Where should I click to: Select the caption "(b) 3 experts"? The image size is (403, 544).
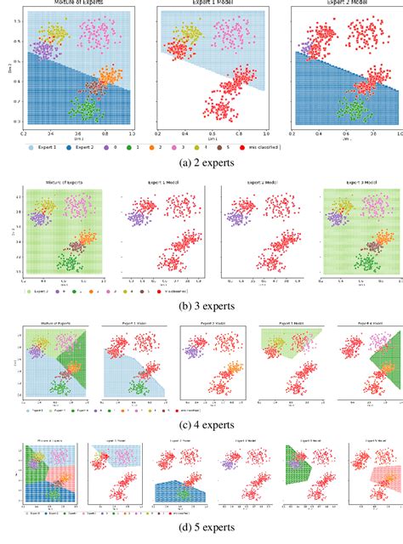tap(201, 303)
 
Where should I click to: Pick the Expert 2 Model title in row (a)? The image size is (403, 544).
tap(344, 4)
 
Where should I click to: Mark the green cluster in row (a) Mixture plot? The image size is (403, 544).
tap(83, 110)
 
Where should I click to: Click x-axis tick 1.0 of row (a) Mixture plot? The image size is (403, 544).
tap(131, 134)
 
